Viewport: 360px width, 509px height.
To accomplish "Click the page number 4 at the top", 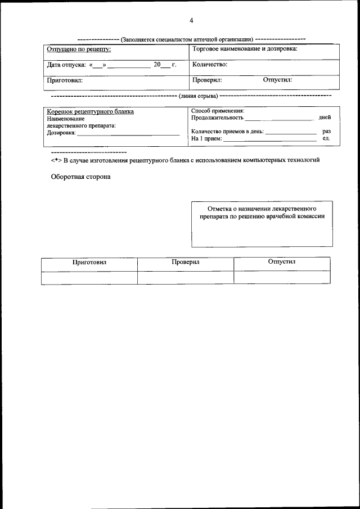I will coord(191,21).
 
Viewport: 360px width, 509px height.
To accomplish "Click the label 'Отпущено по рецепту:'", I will coord(78,49).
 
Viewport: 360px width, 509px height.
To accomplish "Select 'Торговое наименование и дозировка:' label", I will coord(245,49).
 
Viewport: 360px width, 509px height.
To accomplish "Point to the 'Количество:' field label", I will coord(210,65).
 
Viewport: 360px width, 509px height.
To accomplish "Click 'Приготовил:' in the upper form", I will coord(64,80).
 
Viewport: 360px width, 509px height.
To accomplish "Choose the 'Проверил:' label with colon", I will coord(207,80).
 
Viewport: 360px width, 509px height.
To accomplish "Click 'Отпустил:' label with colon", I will coord(277,80).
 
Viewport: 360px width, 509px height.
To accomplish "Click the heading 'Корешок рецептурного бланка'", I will coord(90,111).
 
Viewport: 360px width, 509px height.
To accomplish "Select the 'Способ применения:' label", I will coord(218,111).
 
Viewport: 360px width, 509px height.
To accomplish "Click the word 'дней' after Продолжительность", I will coord(325,118).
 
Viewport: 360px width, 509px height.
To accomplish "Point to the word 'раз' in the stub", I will coord(326,131).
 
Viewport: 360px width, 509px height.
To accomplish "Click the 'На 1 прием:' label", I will coord(206,138).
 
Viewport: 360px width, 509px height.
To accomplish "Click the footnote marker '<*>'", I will coord(56,160).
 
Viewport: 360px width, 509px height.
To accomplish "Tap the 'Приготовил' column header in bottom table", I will coord(89,263).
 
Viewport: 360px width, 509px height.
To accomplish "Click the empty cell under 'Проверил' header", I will coord(186,277).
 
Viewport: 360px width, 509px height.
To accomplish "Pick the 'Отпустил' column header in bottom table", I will coord(282,262).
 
